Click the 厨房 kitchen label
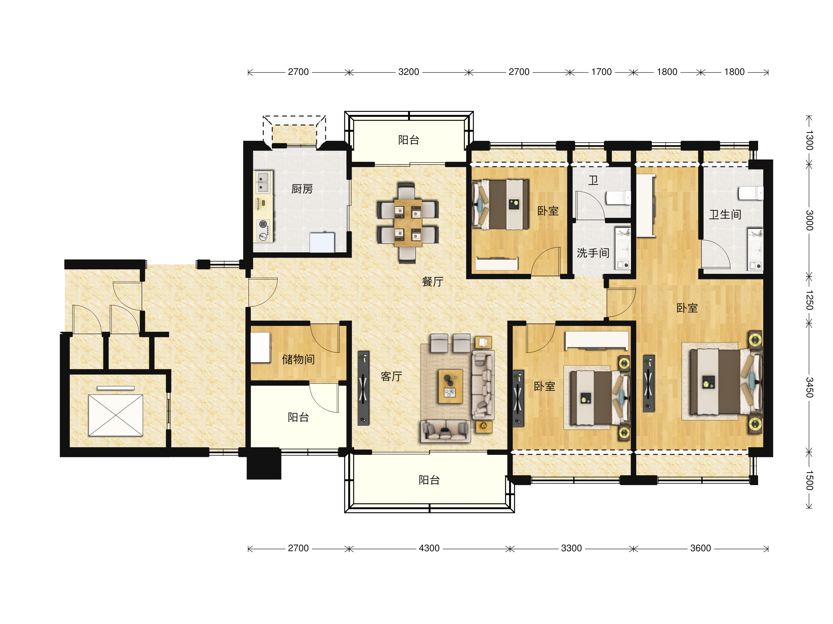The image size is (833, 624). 302,189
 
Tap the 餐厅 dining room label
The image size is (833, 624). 433,281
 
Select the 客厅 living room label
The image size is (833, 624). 392,376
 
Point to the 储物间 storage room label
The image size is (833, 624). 298,359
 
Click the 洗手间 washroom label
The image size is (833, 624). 593,253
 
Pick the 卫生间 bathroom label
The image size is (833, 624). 725,214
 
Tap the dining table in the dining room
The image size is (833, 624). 408,223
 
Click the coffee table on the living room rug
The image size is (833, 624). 451,386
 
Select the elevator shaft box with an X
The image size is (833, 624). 116,415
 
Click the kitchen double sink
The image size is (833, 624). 263,182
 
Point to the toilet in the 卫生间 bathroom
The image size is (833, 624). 750,193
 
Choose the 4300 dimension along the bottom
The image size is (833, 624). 429,548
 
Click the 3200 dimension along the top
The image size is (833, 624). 409,72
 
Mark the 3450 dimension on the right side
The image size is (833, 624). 809,388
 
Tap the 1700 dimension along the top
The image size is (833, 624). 601,72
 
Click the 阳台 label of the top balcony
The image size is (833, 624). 409,140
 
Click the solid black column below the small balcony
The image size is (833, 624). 263,463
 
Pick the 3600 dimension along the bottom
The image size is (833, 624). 700,548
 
